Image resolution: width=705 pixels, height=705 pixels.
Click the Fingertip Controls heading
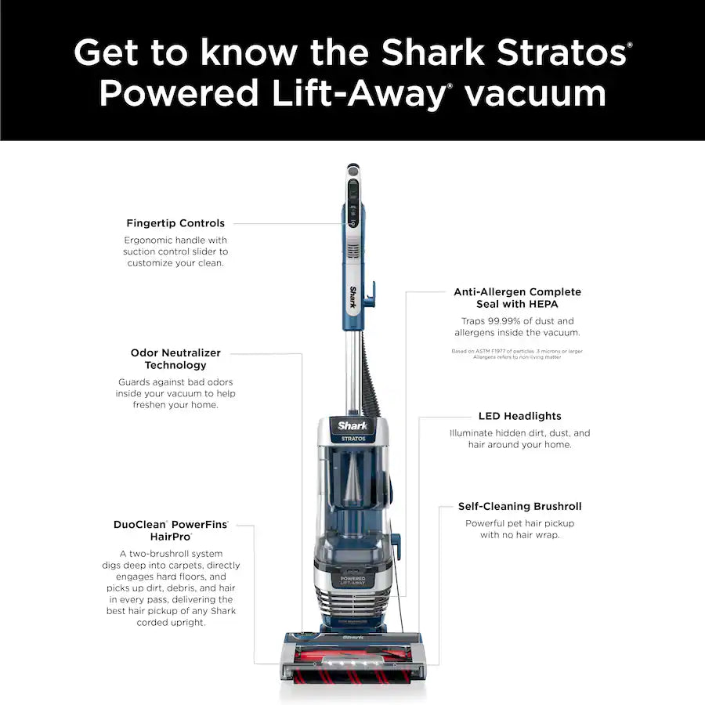click(175, 223)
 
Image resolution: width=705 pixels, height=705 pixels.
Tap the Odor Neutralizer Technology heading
click(175, 359)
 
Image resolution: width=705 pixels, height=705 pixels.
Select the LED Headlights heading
click(519, 416)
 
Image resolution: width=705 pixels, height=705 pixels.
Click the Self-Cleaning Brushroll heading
click(519, 507)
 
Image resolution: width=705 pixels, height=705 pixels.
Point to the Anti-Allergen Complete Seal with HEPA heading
click(517, 298)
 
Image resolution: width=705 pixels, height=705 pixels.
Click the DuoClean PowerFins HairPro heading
click(175, 530)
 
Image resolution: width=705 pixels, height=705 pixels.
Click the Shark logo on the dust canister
click(352, 425)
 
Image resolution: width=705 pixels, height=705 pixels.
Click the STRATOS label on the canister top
click(352, 439)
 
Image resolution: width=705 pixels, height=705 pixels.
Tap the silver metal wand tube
click(353, 368)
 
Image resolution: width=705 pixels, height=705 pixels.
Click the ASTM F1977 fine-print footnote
click(517, 353)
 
